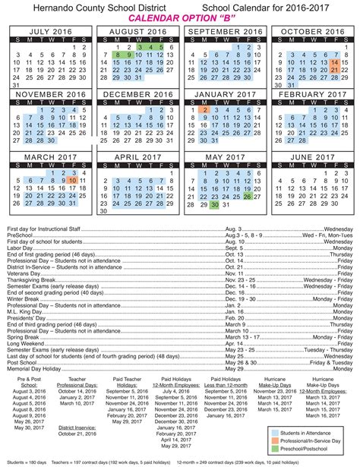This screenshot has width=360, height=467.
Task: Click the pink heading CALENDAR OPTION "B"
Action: click(x=180, y=17)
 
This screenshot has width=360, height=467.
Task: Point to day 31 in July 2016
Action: click(x=17, y=87)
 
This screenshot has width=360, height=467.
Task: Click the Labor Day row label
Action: click(x=21, y=248)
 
